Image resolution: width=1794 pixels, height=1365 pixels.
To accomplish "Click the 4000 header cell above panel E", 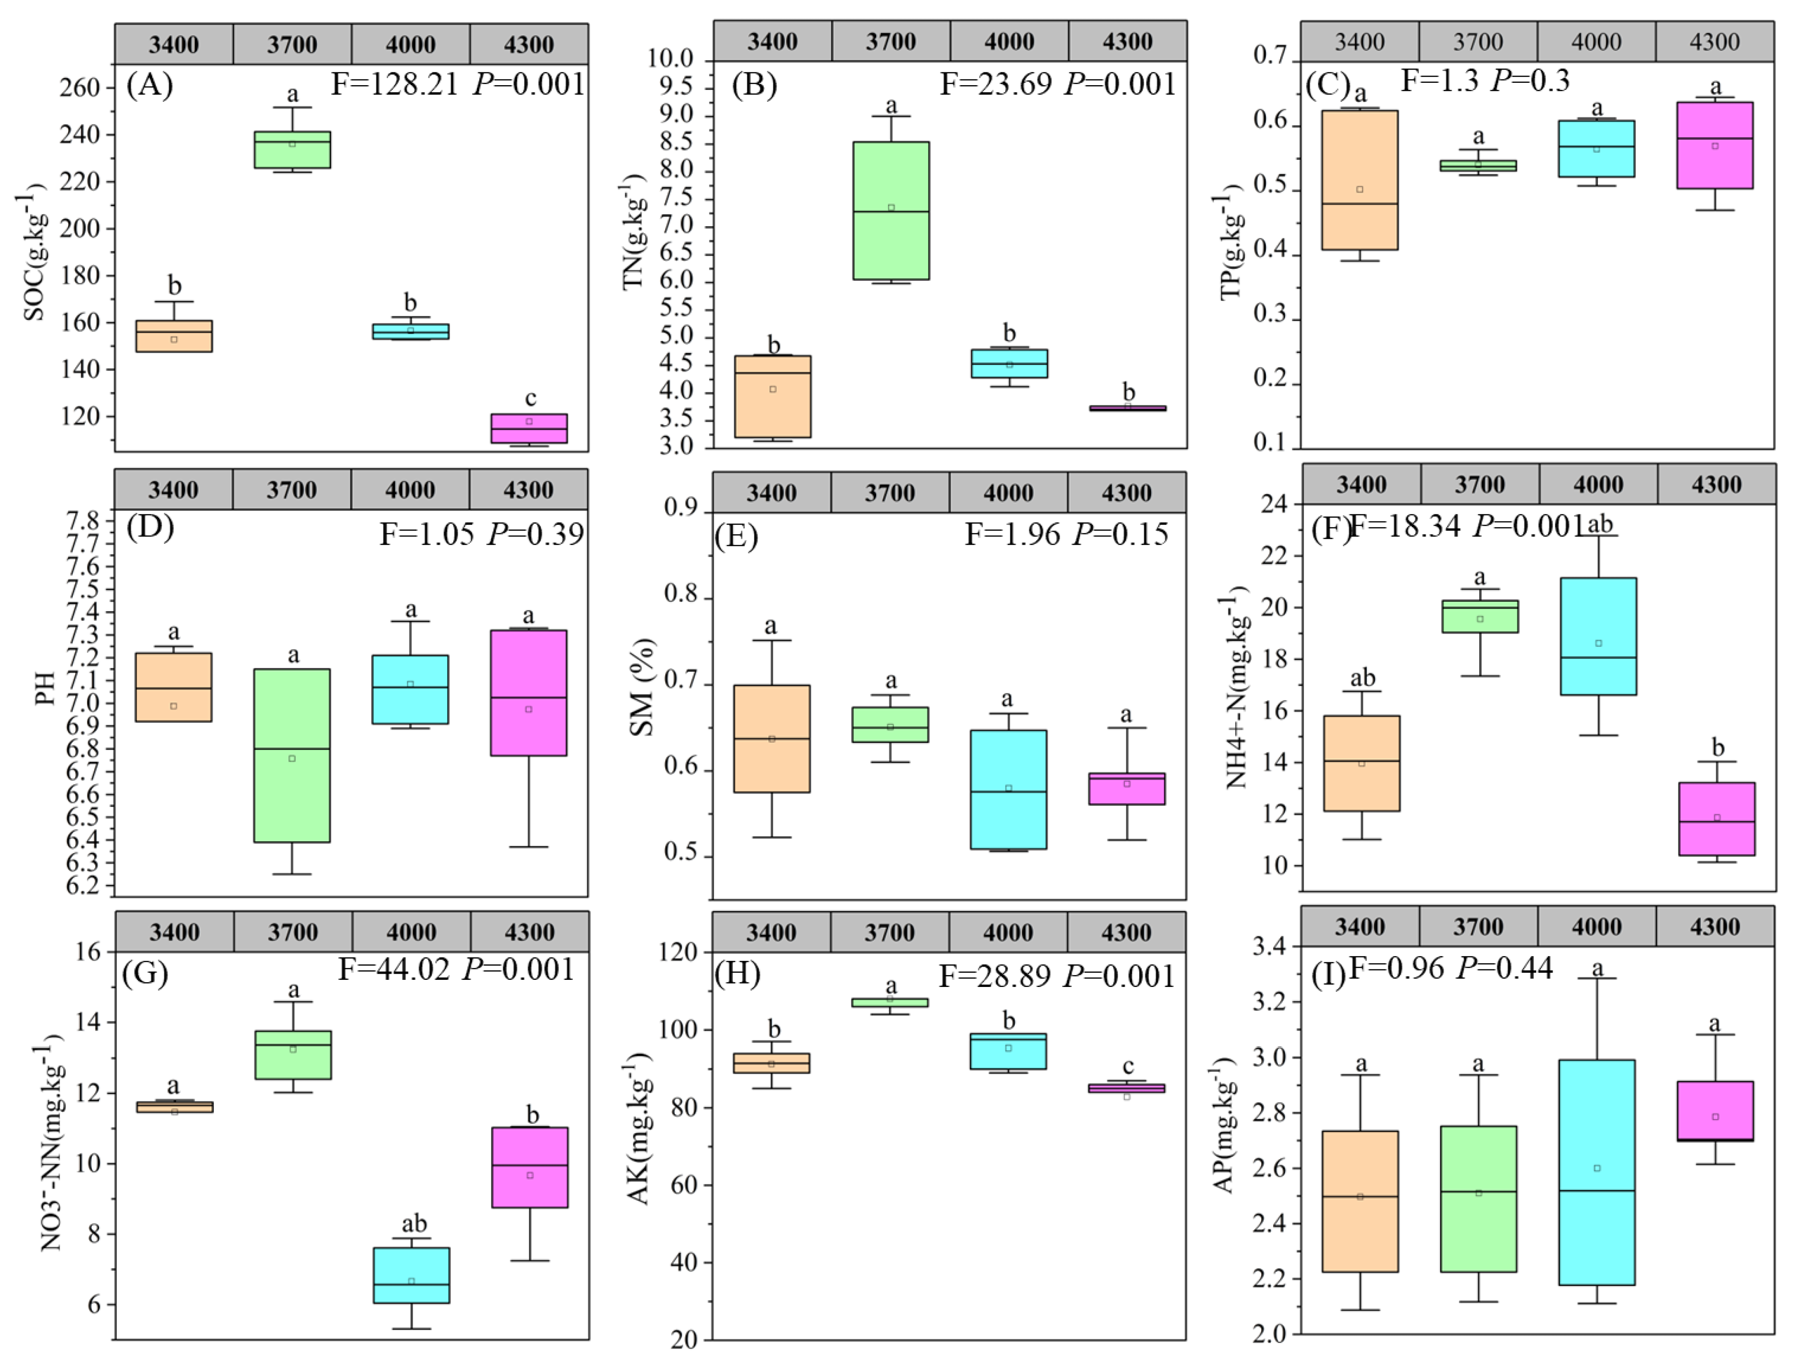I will point(1008,493).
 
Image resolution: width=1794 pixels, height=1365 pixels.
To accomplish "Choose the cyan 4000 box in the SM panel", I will point(1008,789).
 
